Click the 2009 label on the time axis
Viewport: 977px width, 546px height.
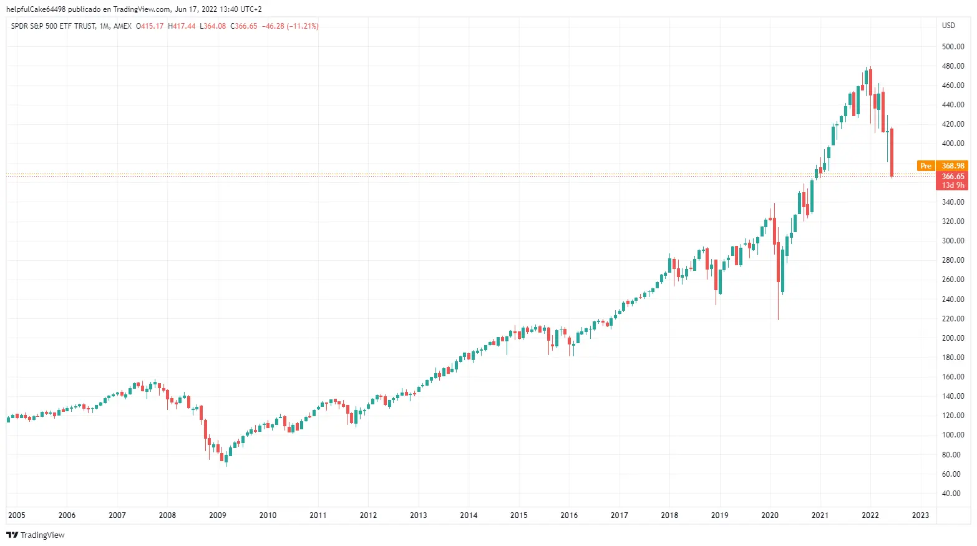coord(218,515)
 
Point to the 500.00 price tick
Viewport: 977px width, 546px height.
coord(953,47)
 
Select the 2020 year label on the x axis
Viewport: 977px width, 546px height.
coord(770,515)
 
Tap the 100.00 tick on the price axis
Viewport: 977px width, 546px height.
coord(953,435)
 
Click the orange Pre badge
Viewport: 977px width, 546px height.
coord(926,166)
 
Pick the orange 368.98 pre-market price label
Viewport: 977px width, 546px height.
coord(953,166)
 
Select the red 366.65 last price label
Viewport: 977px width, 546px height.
coord(953,177)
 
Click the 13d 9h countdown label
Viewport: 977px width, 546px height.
coord(953,185)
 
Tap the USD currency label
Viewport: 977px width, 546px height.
coord(948,26)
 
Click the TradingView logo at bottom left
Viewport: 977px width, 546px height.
coord(36,535)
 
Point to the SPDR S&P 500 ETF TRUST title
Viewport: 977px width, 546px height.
coord(53,26)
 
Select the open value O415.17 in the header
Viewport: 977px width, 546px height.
coord(150,26)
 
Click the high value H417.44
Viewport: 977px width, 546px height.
coord(182,26)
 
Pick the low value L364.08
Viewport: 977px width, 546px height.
coord(213,26)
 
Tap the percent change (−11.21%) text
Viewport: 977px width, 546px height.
coord(303,26)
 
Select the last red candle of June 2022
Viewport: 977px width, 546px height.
coord(892,152)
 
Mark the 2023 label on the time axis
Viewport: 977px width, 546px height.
coord(920,515)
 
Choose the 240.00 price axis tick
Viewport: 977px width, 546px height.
coord(953,300)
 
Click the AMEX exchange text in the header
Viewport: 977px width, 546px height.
coord(123,26)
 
